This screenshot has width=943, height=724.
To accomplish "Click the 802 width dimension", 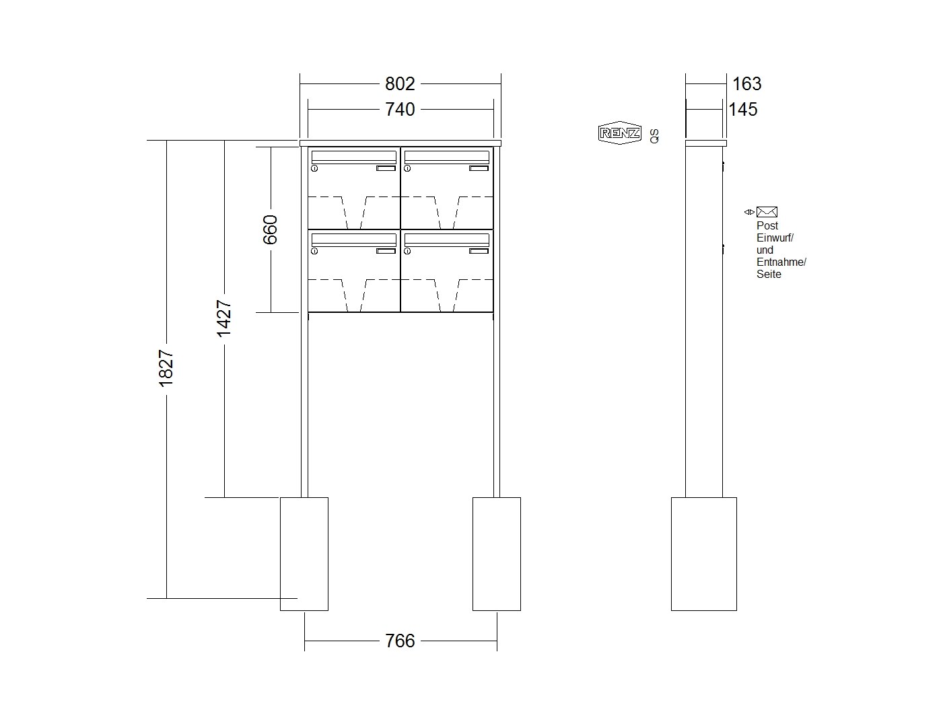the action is pyautogui.click(x=400, y=83).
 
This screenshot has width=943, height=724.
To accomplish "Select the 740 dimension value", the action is pyautogui.click(x=400, y=109).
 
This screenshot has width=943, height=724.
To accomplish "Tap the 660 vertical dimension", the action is pyautogui.click(x=270, y=229).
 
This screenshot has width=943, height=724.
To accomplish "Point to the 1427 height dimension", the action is pyautogui.click(x=224, y=318).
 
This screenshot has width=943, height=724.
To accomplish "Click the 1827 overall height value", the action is pyautogui.click(x=166, y=368).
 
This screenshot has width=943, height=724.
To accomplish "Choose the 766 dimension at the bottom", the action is pyautogui.click(x=400, y=641).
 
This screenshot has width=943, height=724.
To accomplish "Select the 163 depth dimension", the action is pyautogui.click(x=746, y=83).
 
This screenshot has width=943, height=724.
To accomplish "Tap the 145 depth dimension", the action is pyautogui.click(x=743, y=109).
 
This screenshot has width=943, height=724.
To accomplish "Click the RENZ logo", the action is pyautogui.click(x=619, y=133).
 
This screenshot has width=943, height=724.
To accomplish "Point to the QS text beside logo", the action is pyautogui.click(x=654, y=136).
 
